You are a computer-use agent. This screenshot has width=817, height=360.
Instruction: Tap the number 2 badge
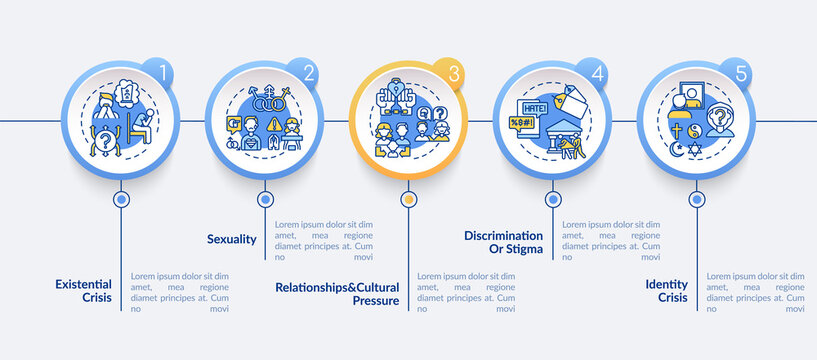(309, 73)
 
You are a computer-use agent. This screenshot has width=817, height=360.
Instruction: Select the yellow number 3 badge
(453, 73)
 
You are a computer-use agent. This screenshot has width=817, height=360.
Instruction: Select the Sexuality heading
(232, 240)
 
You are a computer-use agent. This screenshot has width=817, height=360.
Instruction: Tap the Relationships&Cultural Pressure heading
(338, 292)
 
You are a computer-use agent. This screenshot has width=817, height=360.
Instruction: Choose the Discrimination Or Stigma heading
(503, 242)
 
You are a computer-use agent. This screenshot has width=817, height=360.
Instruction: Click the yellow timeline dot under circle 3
(408, 199)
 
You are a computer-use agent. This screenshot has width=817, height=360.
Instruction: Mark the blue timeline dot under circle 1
(121, 199)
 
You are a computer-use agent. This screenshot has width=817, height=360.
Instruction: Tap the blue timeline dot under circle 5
(695, 199)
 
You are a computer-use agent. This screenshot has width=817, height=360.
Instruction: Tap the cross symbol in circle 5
(679, 136)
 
